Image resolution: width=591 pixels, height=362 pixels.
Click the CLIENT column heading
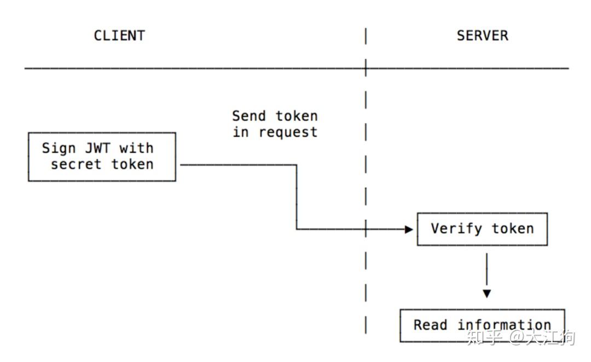click(x=119, y=36)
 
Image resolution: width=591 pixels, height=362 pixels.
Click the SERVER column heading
click(x=482, y=36)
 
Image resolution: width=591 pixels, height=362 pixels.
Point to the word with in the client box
click(x=137, y=148)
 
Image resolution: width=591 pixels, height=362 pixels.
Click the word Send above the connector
click(x=249, y=116)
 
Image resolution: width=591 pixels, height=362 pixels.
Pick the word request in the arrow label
click(x=288, y=133)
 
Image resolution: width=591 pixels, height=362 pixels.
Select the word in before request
click(x=241, y=132)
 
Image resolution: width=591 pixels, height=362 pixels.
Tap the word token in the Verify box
click(x=512, y=229)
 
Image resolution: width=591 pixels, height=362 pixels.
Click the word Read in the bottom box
click(x=430, y=325)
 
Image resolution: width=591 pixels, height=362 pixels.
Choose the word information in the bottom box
click(x=504, y=325)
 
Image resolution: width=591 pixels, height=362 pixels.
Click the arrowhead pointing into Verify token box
click(x=409, y=229)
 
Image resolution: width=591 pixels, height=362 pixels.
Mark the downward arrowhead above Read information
click(x=486, y=294)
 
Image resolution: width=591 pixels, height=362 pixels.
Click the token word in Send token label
click(x=296, y=116)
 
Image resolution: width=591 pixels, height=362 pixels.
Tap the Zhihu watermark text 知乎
click(x=484, y=337)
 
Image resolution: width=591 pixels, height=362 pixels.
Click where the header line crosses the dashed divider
click(x=366, y=68)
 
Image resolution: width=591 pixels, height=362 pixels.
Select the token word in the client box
click(x=132, y=164)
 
